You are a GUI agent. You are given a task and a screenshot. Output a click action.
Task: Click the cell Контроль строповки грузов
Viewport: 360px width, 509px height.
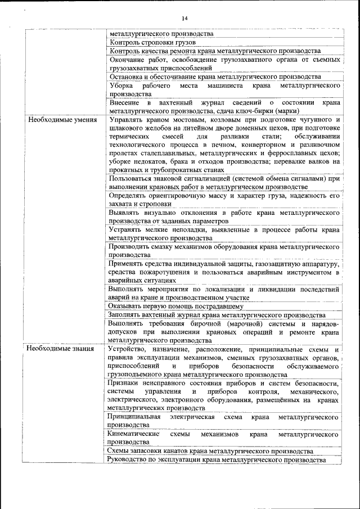point(153,42)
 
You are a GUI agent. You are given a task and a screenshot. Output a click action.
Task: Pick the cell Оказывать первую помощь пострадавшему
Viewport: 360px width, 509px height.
point(176,307)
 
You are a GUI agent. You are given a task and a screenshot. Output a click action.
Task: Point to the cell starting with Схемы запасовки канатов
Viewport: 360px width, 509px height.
point(211,451)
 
